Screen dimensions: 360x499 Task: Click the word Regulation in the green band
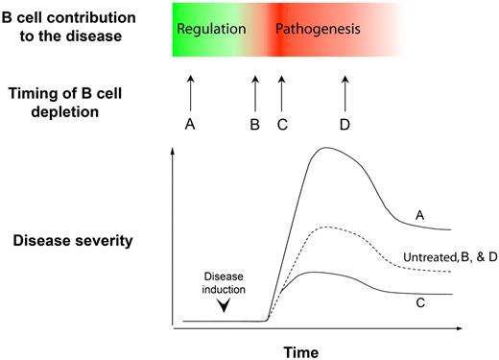212,30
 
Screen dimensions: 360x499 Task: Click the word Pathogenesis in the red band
318,30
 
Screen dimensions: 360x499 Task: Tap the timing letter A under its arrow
189,124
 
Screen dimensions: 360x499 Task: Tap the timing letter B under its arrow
254,124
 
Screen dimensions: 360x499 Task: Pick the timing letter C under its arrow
280,124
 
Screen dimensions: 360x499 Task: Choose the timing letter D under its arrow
346,124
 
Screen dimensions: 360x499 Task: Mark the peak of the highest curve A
327,148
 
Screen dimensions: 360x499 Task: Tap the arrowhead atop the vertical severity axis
172,156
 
